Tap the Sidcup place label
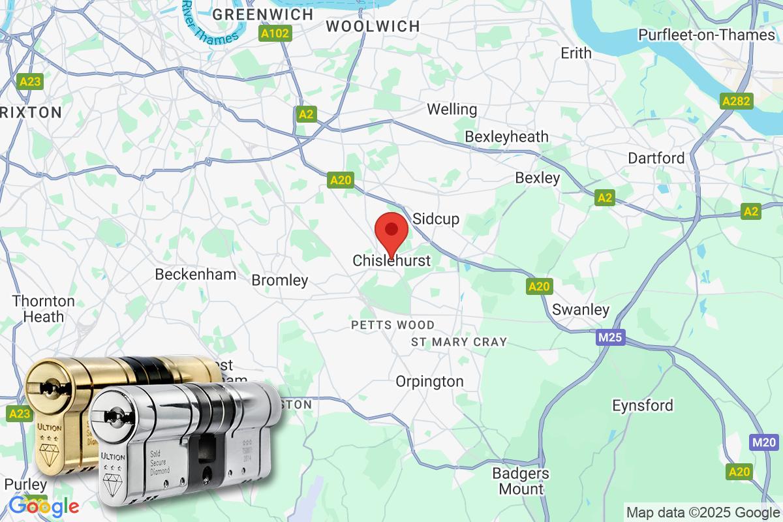click(x=436, y=219)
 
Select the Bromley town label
click(x=280, y=281)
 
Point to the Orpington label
click(x=430, y=381)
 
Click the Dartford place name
click(x=656, y=158)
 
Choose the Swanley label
click(x=581, y=309)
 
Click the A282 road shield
click(x=737, y=101)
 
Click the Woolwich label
click(x=373, y=26)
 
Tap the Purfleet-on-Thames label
click(x=707, y=35)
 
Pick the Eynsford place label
click(x=643, y=405)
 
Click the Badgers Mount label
click(x=521, y=481)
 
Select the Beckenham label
click(x=196, y=274)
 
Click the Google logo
click(x=44, y=506)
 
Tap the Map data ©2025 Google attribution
click(x=703, y=512)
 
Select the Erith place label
click(x=576, y=54)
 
